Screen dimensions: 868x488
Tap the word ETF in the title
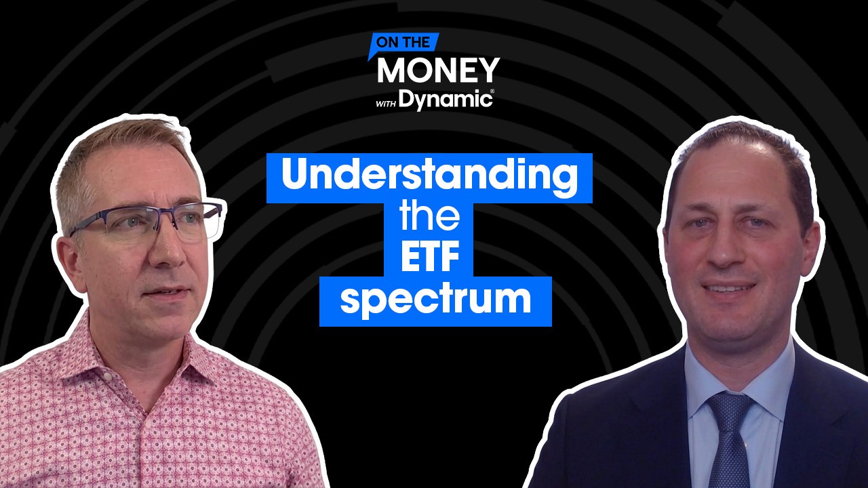tap(430, 256)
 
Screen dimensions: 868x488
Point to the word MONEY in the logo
tap(438, 70)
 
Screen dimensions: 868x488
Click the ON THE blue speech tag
tap(403, 43)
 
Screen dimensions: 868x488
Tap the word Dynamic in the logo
tap(445, 100)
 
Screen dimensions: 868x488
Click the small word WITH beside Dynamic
tap(386, 104)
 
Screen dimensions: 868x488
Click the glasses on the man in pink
tap(147, 223)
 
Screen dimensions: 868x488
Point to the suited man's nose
tap(726, 248)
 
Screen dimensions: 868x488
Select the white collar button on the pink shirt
tap(108, 376)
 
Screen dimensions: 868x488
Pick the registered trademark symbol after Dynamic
tap(492, 91)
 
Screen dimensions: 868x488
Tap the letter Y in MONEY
tap(488, 70)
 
